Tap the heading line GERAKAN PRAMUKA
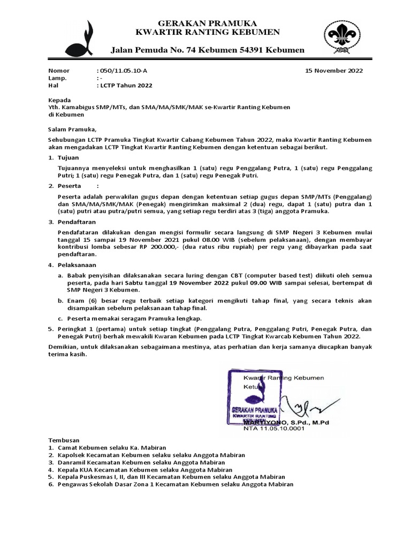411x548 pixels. click(x=208, y=23)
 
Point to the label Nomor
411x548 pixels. click(x=59, y=70)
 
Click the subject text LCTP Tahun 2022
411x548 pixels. click(x=125, y=85)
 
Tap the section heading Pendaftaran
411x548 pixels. click(x=77, y=221)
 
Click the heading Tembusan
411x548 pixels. click(x=64, y=439)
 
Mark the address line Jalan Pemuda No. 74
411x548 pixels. click(x=208, y=50)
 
